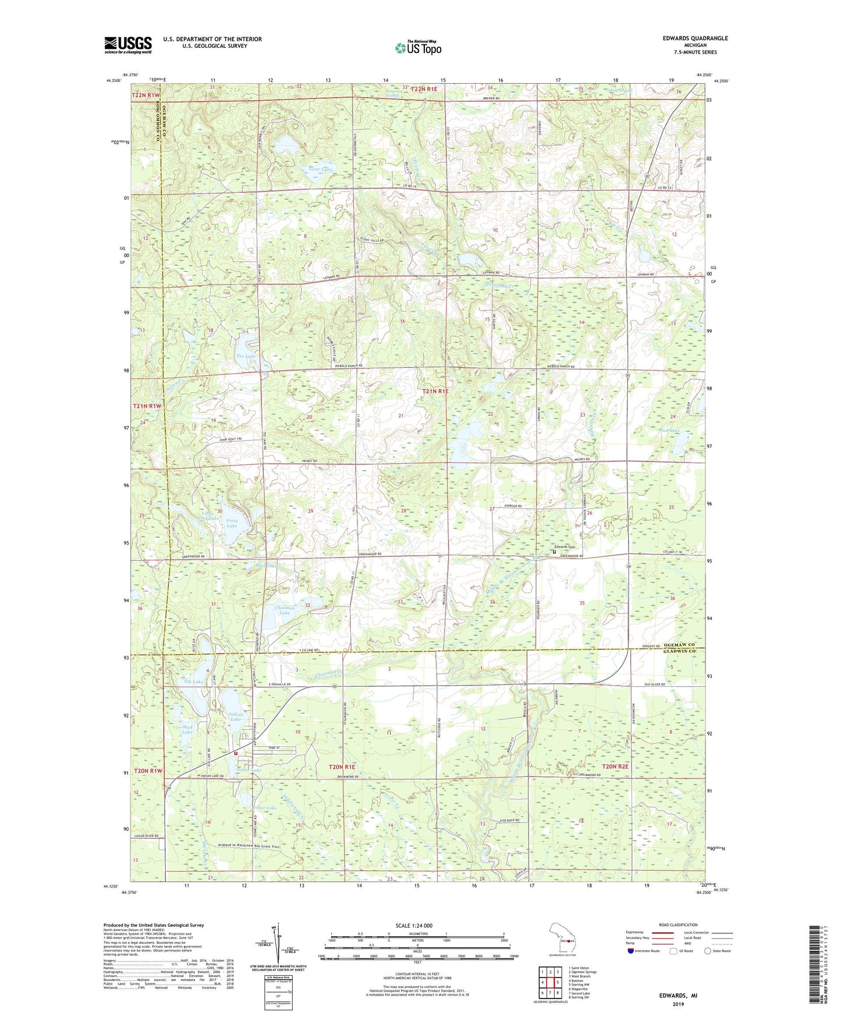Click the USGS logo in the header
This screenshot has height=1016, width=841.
(x=128, y=45)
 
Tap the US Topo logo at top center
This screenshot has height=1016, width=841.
(x=417, y=48)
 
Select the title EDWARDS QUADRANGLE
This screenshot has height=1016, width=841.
(x=695, y=38)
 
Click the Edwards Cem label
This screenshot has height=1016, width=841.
(x=564, y=547)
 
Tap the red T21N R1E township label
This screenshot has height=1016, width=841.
(x=435, y=392)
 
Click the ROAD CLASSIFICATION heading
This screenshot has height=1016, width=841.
(x=678, y=925)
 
